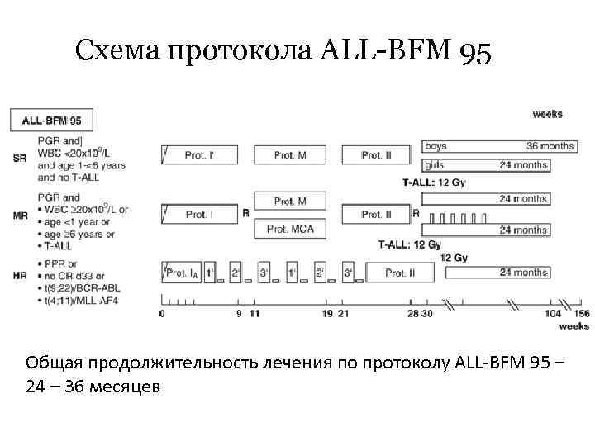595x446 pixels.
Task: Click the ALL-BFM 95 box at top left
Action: click(51, 121)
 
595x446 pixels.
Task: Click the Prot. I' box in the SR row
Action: click(198, 155)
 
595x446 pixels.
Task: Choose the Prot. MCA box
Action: click(290, 228)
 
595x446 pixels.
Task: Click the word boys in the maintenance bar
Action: click(436, 146)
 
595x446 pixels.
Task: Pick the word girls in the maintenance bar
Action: click(435, 165)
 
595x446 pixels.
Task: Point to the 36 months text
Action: click(550, 146)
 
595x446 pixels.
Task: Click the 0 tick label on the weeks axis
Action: click(162, 314)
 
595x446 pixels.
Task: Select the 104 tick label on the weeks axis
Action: click(553, 314)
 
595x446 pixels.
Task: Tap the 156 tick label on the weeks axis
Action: click(582, 314)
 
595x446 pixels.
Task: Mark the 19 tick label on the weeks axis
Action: click(329, 314)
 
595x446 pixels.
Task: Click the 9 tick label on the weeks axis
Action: click(239, 314)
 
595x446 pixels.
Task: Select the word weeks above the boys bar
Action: click(548, 114)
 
